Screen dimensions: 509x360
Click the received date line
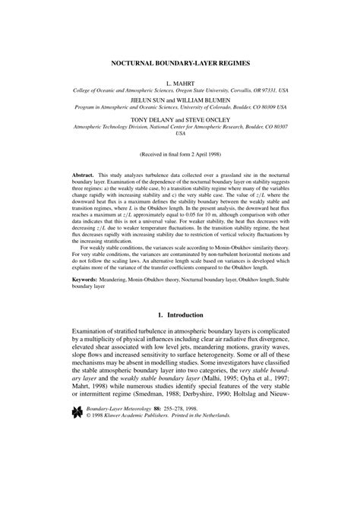coord(180,153)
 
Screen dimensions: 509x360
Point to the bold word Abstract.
coord(84,174)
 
